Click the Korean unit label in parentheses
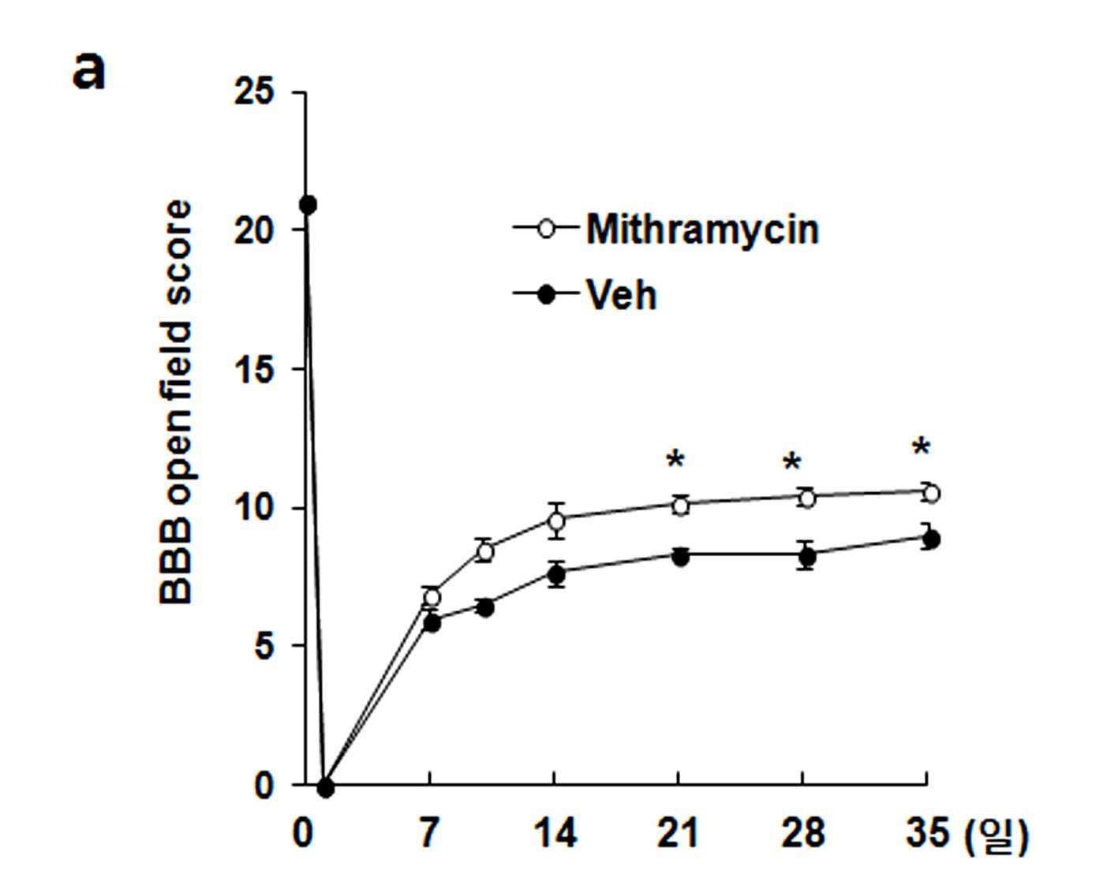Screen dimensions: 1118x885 (x=996, y=836)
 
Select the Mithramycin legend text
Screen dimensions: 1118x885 (x=703, y=230)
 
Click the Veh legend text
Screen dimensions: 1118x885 (x=622, y=294)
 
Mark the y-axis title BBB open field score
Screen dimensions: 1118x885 (x=175, y=402)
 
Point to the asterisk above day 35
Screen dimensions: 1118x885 (x=921, y=446)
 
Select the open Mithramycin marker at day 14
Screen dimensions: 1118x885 (x=556, y=521)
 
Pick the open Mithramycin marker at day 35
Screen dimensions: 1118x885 (x=932, y=494)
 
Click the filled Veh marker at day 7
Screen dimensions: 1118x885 (x=432, y=623)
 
